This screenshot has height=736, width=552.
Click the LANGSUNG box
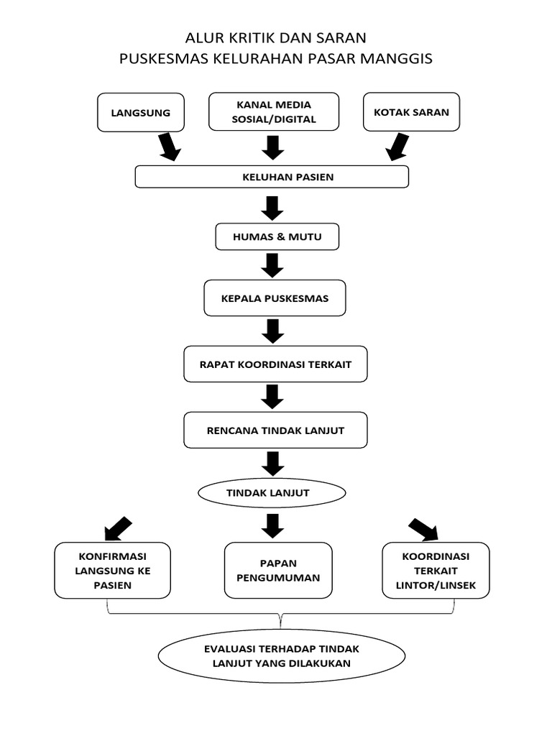click(x=140, y=112)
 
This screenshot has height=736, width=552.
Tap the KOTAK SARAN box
click(x=411, y=112)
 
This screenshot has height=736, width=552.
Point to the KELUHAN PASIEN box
click(x=272, y=177)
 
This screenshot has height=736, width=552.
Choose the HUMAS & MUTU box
click(x=277, y=236)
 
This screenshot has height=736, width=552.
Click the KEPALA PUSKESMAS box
click(x=275, y=298)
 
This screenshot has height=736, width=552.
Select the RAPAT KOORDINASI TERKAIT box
click(x=276, y=364)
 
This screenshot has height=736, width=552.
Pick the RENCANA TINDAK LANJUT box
click(x=276, y=431)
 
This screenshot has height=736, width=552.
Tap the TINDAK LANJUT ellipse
click(x=272, y=493)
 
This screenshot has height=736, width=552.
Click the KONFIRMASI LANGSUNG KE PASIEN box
click(x=113, y=571)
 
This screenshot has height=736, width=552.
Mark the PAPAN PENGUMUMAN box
click(x=278, y=571)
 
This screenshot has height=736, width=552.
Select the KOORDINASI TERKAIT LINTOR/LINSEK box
click(x=436, y=571)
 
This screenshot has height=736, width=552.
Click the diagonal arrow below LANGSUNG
click(x=169, y=147)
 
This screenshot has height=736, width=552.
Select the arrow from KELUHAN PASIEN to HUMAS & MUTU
click(x=272, y=208)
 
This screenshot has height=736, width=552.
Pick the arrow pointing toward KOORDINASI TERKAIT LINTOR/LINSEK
click(x=423, y=529)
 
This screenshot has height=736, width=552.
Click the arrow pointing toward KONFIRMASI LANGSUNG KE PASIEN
click(x=118, y=529)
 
